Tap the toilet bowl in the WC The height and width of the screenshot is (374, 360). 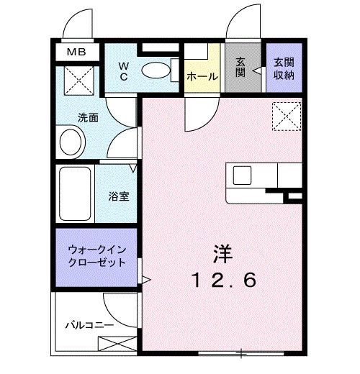[x=153, y=70]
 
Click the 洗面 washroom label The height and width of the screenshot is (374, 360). [x=89, y=117]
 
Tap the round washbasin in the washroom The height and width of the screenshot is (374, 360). [x=71, y=141]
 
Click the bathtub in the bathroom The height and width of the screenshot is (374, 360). [x=74, y=195]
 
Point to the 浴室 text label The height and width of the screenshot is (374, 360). [x=119, y=195]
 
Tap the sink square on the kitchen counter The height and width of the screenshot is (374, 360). [x=241, y=175]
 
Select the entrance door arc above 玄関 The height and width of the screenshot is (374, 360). [x=241, y=23]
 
